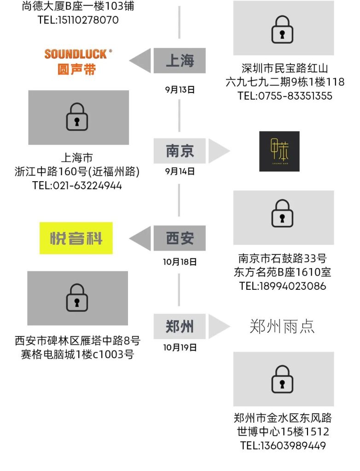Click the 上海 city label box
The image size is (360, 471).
pos(180,60)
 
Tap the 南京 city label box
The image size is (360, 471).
pos(180,150)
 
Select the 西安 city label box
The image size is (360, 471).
pos(180,238)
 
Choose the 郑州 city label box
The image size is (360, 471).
pos(180,327)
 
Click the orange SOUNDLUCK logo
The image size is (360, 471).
pos(78,61)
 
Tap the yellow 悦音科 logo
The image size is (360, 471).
pos(76,238)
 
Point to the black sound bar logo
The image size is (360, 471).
pos(279,151)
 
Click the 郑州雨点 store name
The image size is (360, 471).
pos(282,327)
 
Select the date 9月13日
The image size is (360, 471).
pos(180,90)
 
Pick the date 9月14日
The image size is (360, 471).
pos(180,172)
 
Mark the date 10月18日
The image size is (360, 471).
pos(180,262)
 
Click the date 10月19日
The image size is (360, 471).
pos(180,347)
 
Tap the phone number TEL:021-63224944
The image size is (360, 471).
pos(77,186)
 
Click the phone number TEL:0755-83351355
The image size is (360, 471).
pos(285,96)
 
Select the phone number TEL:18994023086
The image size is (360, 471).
pos(283,286)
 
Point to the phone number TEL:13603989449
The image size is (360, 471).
pos(283,446)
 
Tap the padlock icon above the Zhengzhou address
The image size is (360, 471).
pos(283,379)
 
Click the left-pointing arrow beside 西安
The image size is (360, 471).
pos(140,238)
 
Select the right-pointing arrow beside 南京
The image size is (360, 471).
pos(219,150)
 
